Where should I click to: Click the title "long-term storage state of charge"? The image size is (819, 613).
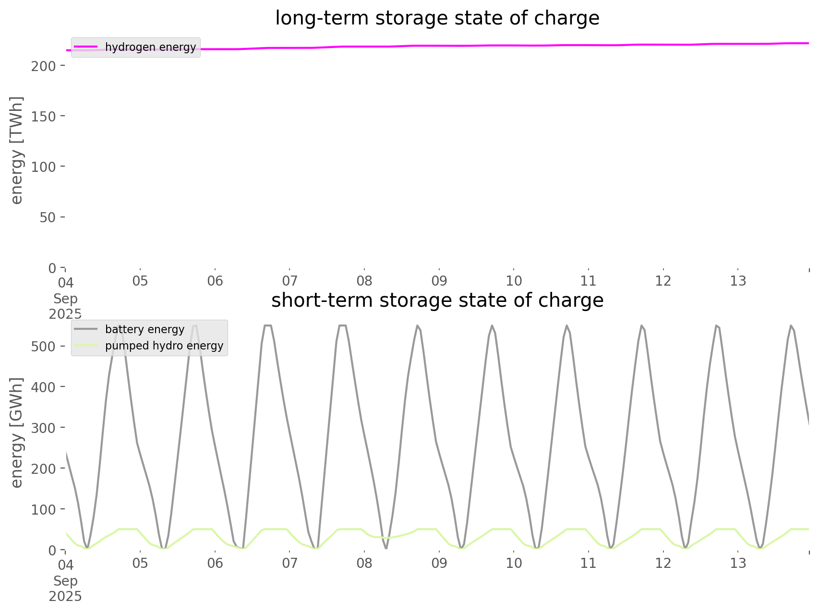point(437,18)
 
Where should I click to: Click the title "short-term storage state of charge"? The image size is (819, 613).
point(437,300)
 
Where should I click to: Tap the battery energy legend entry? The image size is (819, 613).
point(145,329)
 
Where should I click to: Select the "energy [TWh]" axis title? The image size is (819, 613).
point(17,150)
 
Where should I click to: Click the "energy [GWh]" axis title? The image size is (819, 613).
point(17,433)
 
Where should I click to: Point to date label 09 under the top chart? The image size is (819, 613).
point(439,281)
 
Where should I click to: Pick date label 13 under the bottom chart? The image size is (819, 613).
point(738,563)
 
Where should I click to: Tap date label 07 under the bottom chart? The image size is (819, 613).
point(289,563)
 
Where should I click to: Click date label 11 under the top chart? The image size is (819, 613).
point(589,281)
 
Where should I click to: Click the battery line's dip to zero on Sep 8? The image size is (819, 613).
point(386,548)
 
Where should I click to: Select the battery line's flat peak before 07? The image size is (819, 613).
point(268,326)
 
